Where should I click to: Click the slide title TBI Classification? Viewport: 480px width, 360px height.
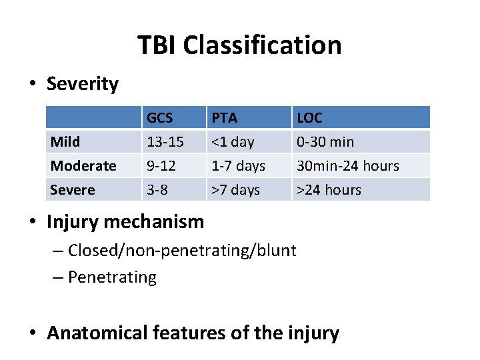tap(239, 45)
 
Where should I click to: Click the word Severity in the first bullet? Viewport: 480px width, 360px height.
tap(82, 84)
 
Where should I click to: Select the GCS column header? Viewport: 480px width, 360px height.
tap(160, 118)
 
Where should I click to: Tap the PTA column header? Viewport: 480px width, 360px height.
tap(224, 118)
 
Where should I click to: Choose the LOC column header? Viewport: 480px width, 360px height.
tap(309, 118)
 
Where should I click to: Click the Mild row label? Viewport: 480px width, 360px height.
tap(65, 142)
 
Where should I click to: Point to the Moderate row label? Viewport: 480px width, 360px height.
tap(83, 166)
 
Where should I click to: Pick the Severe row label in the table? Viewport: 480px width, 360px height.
tap(72, 190)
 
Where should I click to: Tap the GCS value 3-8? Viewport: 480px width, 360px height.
tap(157, 190)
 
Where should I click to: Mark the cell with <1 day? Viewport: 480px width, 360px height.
tap(233, 142)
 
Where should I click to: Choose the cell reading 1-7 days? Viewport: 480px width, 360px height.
tap(238, 166)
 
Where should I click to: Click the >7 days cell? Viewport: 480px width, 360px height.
tap(235, 190)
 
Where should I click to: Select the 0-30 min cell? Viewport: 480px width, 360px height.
tap(325, 142)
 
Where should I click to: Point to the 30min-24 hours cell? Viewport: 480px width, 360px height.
tap(347, 166)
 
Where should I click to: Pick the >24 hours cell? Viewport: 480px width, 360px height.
tap(329, 190)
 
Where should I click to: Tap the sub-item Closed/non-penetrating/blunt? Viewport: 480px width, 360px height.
tap(182, 251)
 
